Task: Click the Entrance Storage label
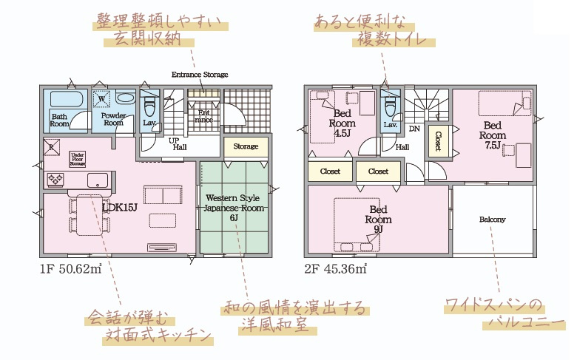pos(200,75)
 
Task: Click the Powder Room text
pos(112,118)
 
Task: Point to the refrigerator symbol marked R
pos(52,146)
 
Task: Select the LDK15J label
pos(118,208)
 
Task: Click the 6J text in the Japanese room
pos(232,217)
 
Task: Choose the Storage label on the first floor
pos(246,146)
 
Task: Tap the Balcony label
pos(492,220)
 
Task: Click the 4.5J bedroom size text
pos(342,135)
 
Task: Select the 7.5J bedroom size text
pos(492,146)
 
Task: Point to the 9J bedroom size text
pos(378,229)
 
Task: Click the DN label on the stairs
pos(414,129)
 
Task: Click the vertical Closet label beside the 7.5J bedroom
pos(438,141)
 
